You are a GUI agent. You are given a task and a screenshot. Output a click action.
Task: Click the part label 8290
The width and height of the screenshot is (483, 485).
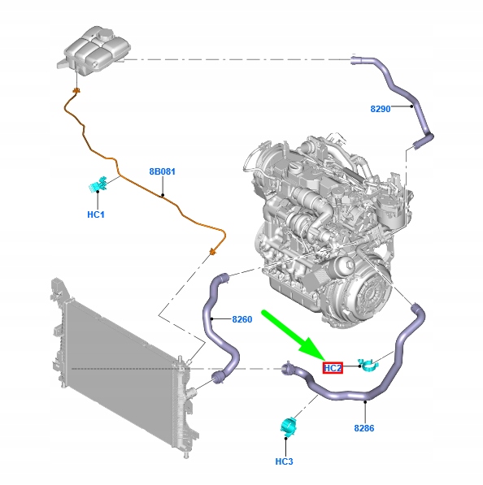(381, 109)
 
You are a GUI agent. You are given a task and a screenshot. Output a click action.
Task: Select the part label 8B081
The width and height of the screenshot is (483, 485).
(163, 171)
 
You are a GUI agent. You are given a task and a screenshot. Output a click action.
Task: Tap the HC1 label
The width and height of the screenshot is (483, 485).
(96, 214)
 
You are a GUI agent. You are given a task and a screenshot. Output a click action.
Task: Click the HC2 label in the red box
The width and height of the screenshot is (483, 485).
(333, 368)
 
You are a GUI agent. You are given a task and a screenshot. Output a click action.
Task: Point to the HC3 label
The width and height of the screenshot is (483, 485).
(284, 461)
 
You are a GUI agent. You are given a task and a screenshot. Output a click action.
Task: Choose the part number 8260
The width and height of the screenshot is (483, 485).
(242, 319)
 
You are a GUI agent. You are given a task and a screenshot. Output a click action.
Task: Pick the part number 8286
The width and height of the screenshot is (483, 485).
(364, 428)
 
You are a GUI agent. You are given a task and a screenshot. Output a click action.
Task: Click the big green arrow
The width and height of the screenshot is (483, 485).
(292, 335)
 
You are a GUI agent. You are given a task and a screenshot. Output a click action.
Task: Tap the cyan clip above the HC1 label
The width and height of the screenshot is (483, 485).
(98, 184)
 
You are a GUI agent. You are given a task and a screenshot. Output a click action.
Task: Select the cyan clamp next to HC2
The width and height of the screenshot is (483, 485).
(368, 366)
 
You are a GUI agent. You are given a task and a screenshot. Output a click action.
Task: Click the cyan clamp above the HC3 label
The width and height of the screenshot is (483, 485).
(288, 427)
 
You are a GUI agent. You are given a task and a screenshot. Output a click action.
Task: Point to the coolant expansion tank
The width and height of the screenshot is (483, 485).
(94, 50)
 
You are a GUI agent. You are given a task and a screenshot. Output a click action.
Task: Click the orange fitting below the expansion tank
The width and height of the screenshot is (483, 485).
(76, 91)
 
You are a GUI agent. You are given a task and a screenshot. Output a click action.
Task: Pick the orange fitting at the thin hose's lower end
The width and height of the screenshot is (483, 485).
(213, 252)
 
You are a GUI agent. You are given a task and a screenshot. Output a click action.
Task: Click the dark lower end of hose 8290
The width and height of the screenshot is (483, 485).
(418, 144)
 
